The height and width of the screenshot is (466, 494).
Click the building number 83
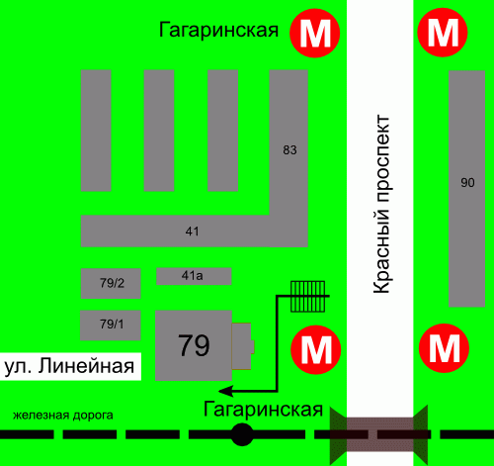289,150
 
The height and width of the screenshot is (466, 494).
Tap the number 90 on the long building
467,182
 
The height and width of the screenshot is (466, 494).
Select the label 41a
193,275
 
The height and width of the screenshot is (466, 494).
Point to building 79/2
111,283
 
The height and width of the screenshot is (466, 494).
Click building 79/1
111,326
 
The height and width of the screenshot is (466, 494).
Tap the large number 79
194,345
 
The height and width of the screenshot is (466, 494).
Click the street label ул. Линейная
69,366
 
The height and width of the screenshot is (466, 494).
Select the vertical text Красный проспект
381,204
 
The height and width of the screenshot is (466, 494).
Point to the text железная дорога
63,416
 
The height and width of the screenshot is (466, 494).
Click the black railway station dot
242,434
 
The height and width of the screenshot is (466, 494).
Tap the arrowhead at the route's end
226,391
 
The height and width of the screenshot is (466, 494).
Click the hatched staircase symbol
308,296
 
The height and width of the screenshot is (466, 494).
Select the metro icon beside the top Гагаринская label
315,33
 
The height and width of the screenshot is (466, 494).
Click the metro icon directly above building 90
443,33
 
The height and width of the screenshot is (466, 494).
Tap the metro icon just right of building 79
315,349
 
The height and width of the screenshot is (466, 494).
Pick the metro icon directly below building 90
444,348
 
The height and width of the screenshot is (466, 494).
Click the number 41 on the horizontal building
193,232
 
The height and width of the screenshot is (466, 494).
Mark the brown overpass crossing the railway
378,434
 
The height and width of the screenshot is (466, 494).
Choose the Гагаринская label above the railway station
263,410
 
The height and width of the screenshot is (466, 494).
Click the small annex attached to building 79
243,346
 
